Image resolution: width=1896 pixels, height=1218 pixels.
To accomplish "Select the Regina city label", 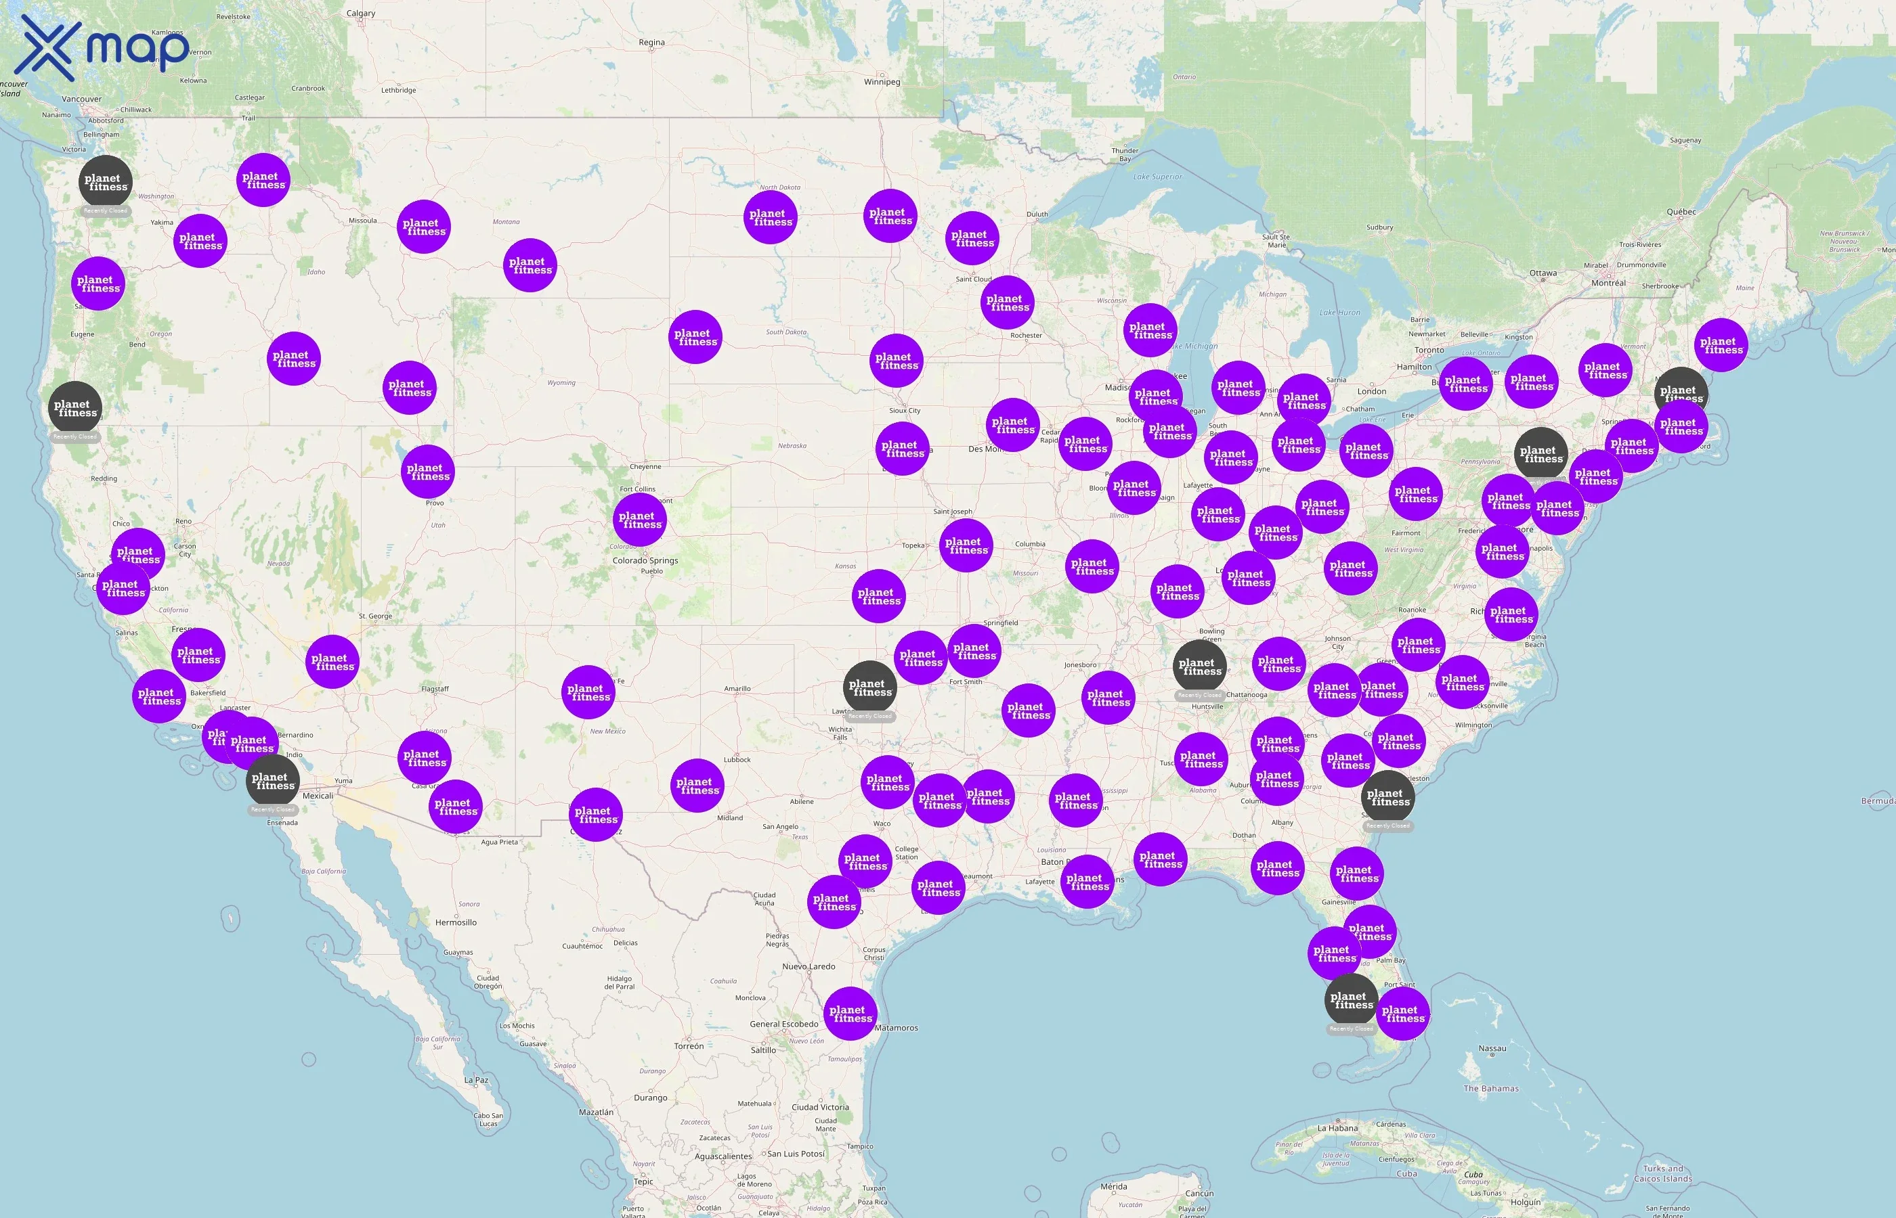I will pos(651,43).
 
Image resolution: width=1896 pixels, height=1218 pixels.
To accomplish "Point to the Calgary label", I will pos(361,14).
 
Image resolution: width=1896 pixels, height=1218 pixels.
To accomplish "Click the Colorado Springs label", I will pos(645,561).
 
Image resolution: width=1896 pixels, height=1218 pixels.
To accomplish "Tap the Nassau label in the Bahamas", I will pos(1492,1049).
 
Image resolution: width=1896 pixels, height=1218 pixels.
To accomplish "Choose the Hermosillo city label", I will pos(456,922).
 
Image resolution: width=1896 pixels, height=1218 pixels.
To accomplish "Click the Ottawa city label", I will pos(1543,273).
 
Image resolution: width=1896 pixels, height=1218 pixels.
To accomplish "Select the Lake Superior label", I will pos(1157,177).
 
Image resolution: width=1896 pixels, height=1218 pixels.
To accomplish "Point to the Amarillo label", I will pos(737,689).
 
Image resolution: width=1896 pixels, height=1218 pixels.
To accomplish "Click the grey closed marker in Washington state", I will pos(105,181).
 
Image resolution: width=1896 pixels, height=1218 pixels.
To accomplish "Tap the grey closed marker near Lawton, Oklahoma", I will pos(870,687).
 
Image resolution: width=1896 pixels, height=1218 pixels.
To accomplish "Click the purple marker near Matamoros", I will pos(850,1013).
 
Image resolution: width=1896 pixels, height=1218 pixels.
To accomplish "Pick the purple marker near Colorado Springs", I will pos(639,519).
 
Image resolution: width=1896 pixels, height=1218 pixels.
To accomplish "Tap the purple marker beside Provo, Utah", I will pos(427,472).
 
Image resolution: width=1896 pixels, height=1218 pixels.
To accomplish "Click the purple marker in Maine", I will pos(1721,345).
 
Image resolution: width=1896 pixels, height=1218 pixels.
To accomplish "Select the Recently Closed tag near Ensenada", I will pos(272,810).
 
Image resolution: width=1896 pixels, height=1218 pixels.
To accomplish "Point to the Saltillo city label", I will pos(763,1050).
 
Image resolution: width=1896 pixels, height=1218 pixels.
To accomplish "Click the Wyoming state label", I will pos(561,383).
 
